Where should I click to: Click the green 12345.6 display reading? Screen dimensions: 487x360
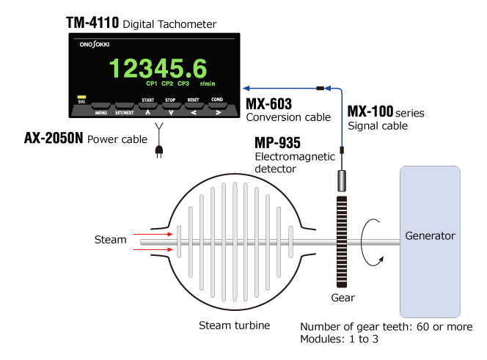(x=158, y=68)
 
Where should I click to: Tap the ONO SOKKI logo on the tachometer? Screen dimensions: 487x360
(x=95, y=45)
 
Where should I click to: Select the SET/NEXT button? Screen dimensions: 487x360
(x=125, y=106)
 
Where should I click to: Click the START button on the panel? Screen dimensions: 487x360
(x=148, y=106)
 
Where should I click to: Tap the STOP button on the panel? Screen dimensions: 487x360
(x=171, y=106)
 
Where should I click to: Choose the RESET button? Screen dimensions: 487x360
(x=194, y=106)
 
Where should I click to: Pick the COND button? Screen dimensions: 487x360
(x=217, y=106)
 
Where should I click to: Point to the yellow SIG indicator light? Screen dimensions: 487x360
(x=81, y=97)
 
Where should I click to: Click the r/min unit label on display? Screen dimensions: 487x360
(x=208, y=84)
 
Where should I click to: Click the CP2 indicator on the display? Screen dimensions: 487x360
(x=167, y=84)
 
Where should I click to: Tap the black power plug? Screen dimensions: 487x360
(x=159, y=151)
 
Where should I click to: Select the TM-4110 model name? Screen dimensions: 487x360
(x=92, y=23)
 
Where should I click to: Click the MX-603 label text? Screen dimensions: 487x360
(x=269, y=104)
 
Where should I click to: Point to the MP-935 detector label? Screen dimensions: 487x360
(x=278, y=143)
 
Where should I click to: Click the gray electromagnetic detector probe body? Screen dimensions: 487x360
(x=342, y=181)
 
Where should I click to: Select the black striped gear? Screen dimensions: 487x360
(x=342, y=242)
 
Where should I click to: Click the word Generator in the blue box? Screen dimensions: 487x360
(x=431, y=236)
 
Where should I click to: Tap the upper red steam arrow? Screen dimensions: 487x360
(x=153, y=234)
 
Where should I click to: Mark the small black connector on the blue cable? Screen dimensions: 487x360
(x=321, y=89)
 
